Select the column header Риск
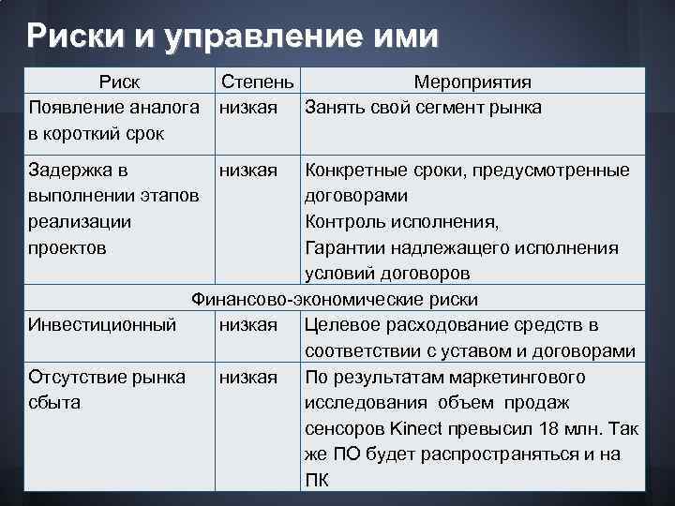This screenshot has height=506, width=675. pyautogui.click(x=119, y=82)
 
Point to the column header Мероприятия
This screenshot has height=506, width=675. pyautogui.click(x=473, y=82)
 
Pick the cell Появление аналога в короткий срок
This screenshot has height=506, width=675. pyautogui.click(x=113, y=120)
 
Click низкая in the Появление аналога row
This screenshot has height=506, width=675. pyautogui.click(x=247, y=108)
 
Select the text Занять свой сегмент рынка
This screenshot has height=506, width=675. pyautogui.click(x=423, y=108)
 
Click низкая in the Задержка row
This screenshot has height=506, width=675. pyautogui.click(x=247, y=171)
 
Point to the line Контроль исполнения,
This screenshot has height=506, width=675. pyautogui.click(x=402, y=222)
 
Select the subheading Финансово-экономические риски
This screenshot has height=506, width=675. pyautogui.click(x=335, y=300)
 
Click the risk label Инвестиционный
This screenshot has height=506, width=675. pyautogui.click(x=102, y=325)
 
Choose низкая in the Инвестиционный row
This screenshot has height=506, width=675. pyautogui.click(x=247, y=325)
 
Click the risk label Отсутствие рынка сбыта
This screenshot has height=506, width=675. pyautogui.click(x=107, y=390)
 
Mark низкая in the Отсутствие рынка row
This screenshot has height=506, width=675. pyautogui.click(x=247, y=377)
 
